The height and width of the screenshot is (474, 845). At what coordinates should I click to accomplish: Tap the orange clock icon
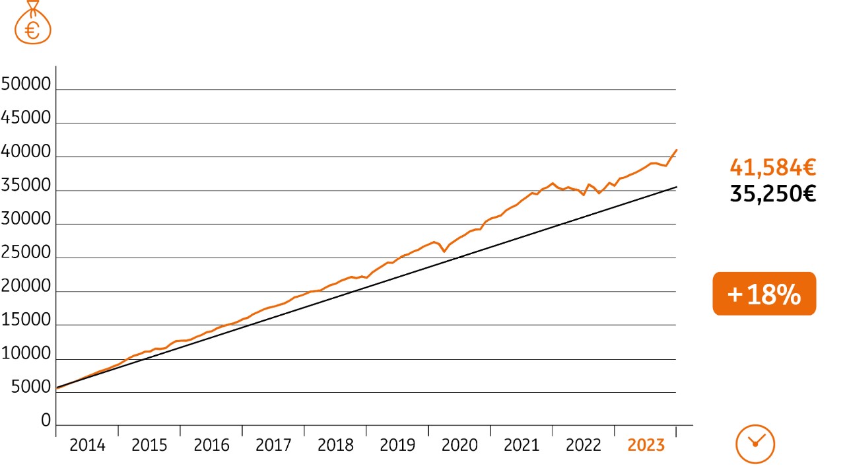click(x=755, y=444)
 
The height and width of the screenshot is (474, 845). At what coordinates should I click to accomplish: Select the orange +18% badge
click(x=764, y=294)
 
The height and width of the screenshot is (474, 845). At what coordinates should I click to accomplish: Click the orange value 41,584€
click(x=772, y=168)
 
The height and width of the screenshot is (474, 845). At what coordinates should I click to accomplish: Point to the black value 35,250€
click(x=772, y=194)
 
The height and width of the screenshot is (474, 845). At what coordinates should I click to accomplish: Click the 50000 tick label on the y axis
click(x=26, y=85)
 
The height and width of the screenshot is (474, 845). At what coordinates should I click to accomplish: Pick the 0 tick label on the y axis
click(x=46, y=421)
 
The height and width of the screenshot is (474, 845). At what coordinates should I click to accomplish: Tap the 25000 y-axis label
click(x=26, y=253)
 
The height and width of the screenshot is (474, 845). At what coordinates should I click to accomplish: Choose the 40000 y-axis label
click(x=26, y=152)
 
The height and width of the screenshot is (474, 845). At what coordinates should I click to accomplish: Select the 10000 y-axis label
click(x=26, y=354)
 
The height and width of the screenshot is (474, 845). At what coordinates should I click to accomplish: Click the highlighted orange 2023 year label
click(x=646, y=446)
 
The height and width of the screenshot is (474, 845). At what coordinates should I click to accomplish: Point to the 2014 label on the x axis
click(x=87, y=446)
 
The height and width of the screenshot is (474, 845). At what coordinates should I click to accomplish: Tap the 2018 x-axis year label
click(x=335, y=446)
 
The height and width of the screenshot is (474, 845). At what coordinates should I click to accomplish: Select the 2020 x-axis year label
click(x=459, y=446)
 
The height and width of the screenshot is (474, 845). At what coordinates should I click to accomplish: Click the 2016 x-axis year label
click(x=211, y=446)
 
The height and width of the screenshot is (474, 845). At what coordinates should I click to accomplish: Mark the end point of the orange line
click(x=676, y=151)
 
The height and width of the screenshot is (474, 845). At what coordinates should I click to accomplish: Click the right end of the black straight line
click(x=676, y=187)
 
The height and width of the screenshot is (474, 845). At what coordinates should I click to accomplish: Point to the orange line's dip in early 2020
click(x=444, y=252)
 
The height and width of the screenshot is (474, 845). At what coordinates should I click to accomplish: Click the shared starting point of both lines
click(x=57, y=388)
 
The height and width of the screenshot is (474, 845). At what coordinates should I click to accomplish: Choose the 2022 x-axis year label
click(x=584, y=446)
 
